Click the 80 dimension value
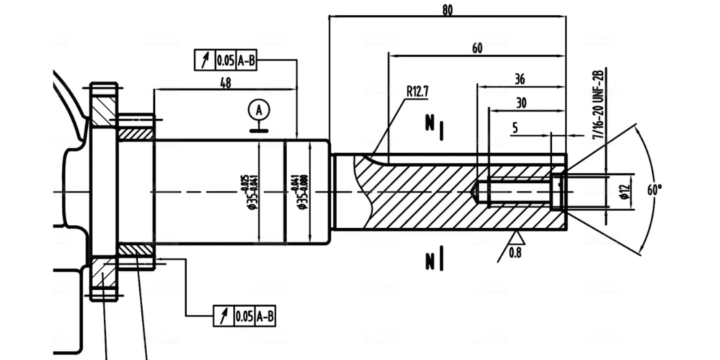(x=447, y=10)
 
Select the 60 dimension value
(x=477, y=48)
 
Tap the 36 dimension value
(x=519, y=79)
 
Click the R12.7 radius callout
(x=417, y=91)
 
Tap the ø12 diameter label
(x=624, y=191)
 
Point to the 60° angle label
(x=655, y=189)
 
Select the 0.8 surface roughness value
(x=515, y=253)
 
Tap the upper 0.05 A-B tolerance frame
(x=226, y=61)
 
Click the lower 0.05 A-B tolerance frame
(x=245, y=316)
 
